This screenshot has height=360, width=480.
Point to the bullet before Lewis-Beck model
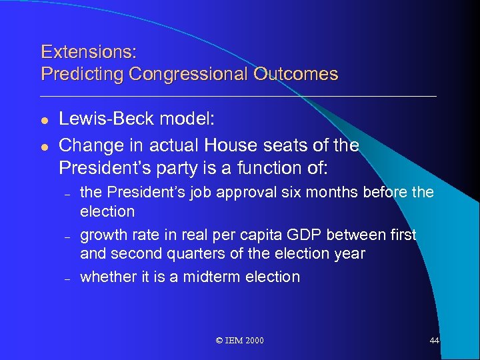(x=45, y=120)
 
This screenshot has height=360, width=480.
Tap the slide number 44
(x=434, y=341)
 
